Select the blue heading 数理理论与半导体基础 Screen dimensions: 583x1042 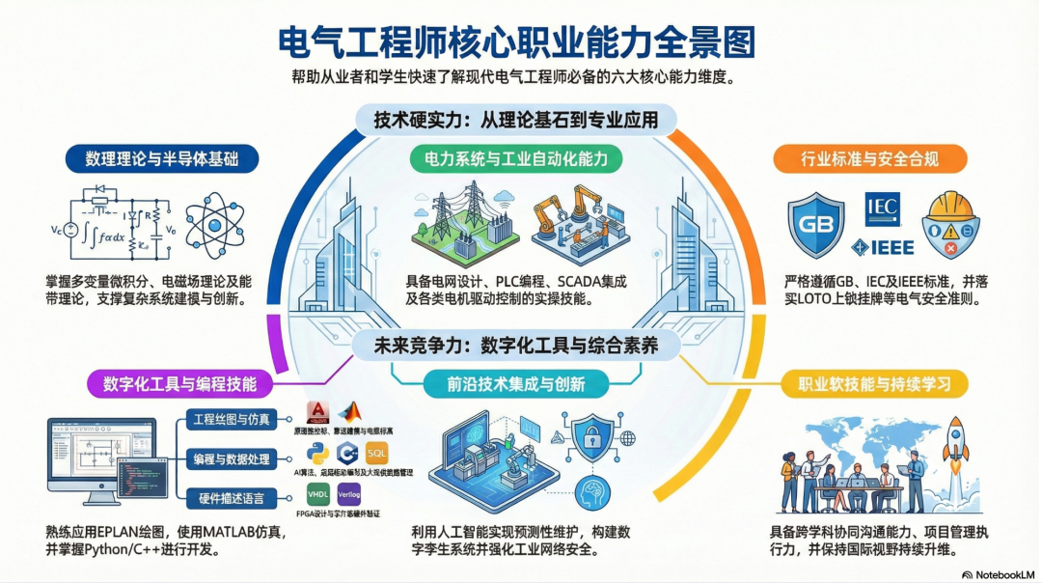(x=161, y=158)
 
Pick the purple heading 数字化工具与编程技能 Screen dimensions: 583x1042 (x=173, y=383)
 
